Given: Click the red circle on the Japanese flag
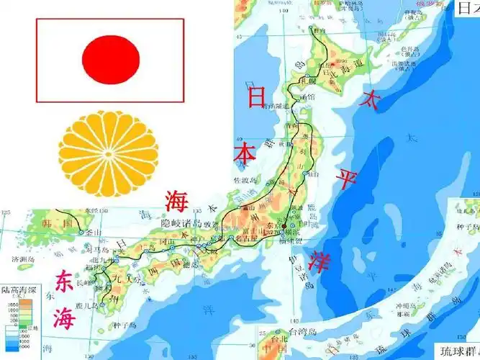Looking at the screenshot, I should point(110,59).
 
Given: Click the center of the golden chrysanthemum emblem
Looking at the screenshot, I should point(108,153).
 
